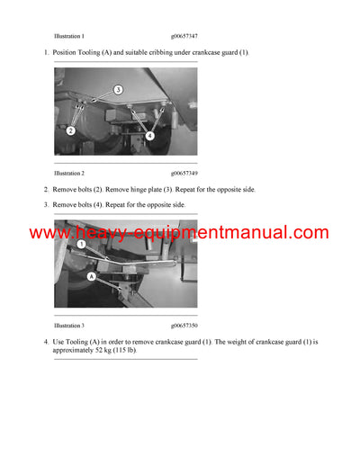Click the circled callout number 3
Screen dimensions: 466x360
click(117, 90)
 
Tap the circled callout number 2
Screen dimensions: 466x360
click(70, 130)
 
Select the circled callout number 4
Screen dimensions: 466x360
click(150, 136)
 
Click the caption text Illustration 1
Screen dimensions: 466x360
click(69, 36)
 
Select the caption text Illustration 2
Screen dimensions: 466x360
click(69, 172)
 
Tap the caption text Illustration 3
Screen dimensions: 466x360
click(69, 325)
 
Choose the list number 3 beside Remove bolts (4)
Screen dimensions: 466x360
click(46, 205)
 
